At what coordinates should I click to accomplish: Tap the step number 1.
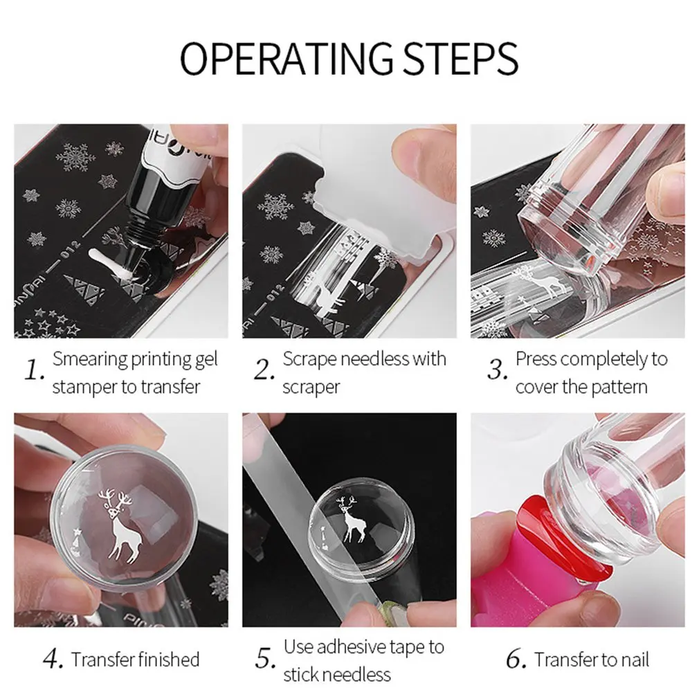[34, 370]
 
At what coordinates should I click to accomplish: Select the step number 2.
[264, 370]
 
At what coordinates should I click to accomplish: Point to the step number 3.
[497, 370]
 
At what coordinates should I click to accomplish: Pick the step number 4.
[53, 659]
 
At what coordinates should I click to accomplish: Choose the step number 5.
[265, 659]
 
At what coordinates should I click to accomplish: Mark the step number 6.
[517, 659]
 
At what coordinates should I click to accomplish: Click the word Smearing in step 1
[91, 360]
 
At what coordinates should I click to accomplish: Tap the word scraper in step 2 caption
[311, 388]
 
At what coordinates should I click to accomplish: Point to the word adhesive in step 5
[349, 647]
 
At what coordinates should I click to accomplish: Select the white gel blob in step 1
[110, 265]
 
